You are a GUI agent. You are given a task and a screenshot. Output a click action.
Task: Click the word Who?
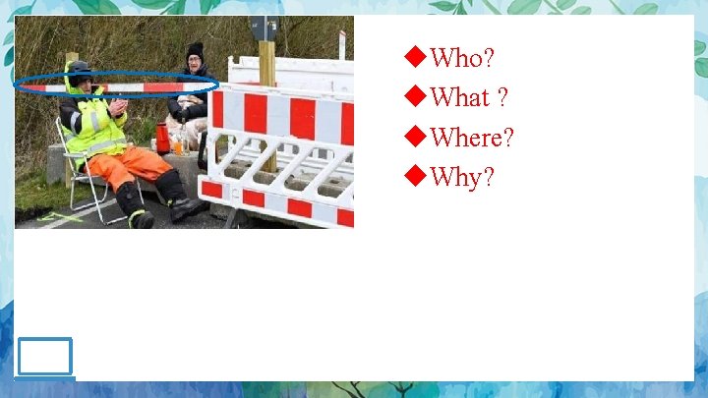(x=461, y=59)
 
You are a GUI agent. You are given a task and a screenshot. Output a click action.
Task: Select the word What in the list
(x=460, y=98)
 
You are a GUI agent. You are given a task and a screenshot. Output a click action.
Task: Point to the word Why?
(x=462, y=179)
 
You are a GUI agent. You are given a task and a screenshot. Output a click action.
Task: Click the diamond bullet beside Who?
(x=416, y=59)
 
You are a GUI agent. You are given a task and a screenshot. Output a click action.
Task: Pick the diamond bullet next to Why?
(x=416, y=178)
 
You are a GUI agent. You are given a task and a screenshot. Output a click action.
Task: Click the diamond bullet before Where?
(x=416, y=138)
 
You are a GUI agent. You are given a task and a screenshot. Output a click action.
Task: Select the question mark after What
(x=502, y=98)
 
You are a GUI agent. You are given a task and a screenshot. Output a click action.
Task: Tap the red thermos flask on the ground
(x=162, y=138)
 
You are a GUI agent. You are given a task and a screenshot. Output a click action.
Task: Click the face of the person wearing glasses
(x=195, y=65)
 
